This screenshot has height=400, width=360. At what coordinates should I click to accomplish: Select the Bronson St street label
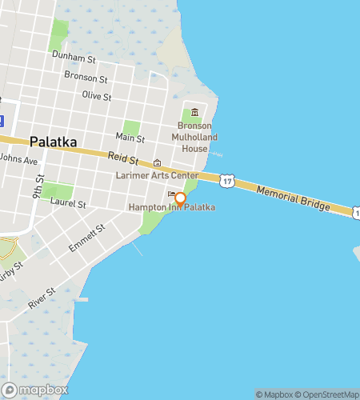coord(86,79)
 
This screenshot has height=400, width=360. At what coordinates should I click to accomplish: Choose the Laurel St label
coord(68,204)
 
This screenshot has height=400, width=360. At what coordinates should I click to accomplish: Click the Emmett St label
coord(86,238)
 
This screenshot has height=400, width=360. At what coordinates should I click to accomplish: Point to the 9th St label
coord(38,190)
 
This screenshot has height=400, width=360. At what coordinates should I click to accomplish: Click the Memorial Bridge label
coord(293,197)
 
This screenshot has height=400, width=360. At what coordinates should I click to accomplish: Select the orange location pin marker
coord(181,199)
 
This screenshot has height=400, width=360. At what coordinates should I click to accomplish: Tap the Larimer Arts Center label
coord(157,175)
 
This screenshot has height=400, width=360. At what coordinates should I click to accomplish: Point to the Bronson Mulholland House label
coord(194,138)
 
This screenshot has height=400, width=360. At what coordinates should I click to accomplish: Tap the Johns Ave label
coord(18,159)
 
